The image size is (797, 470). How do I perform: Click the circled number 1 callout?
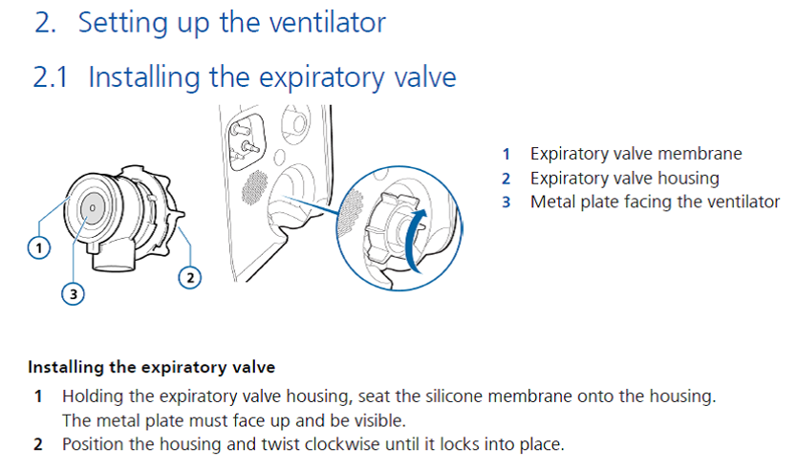38,247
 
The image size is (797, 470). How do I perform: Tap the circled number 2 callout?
190,278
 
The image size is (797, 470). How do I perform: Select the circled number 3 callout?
73,295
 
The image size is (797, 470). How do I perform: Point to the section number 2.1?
50,77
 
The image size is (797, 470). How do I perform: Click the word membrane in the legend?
705,153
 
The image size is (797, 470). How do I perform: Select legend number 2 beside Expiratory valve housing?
506,178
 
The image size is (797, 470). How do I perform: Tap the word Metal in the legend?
551,202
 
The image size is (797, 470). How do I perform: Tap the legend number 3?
506,202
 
